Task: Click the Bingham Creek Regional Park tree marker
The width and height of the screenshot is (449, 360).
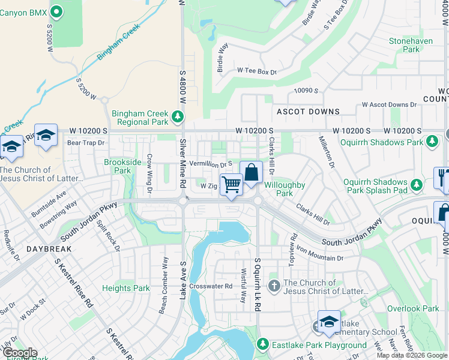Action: point(177,116)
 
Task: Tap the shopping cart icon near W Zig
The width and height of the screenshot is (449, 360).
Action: point(231,184)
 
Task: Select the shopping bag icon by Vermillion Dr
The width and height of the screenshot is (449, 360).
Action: point(252,172)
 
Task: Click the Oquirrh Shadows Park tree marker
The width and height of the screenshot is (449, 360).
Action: point(432,142)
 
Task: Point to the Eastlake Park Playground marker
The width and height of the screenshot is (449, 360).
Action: point(262,345)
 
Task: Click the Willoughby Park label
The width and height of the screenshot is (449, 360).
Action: point(285,190)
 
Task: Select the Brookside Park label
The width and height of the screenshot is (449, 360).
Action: point(122,166)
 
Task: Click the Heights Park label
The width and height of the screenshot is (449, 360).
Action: point(126,288)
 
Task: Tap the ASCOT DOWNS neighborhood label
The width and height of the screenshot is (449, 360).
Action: point(308,112)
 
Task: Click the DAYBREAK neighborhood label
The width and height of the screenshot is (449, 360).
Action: point(24,247)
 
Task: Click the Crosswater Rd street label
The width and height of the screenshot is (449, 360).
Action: point(211,286)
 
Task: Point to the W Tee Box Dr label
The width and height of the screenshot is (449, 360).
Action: point(256,71)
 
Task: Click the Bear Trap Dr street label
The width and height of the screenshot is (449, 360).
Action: point(86,143)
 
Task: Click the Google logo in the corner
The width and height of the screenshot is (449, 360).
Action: point(19,353)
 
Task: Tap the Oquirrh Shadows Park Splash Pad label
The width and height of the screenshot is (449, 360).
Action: point(375,186)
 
